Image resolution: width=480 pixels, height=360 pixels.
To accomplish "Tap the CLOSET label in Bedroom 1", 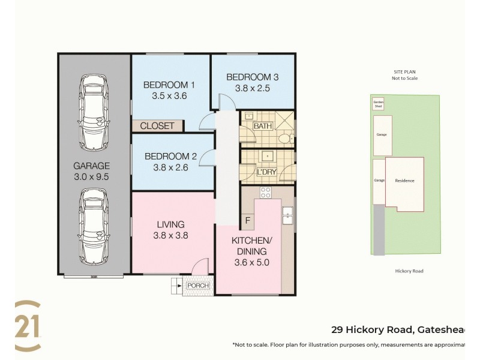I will tap(157, 126).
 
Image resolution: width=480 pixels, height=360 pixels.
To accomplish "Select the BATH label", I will tap(262, 127).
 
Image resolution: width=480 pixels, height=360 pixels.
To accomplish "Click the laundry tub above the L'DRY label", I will tap(266, 157).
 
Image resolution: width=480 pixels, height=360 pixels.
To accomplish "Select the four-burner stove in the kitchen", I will tap(266, 193).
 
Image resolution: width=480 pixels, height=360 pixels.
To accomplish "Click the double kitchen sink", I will tap(288, 216).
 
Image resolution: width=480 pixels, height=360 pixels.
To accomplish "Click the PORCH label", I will tap(198, 286).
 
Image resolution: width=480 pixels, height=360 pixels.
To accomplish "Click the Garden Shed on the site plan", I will tap(378, 104).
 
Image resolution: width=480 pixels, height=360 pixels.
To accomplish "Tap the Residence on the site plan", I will tap(404, 181).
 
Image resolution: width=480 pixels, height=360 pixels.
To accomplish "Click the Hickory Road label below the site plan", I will tap(409, 271).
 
